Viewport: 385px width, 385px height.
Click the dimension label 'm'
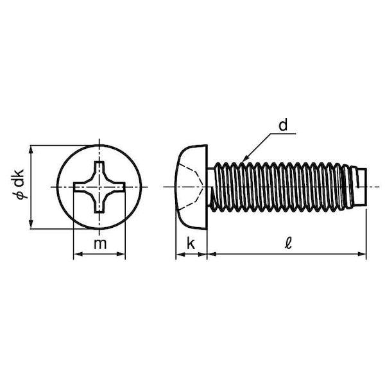[x=100, y=244]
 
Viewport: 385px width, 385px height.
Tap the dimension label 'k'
[x=191, y=243]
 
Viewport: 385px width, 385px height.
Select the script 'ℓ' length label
[x=288, y=243]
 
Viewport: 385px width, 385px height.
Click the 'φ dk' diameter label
[x=19, y=184]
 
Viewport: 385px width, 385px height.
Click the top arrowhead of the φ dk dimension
[x=31, y=150]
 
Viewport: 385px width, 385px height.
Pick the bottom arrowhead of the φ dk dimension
[x=31, y=224]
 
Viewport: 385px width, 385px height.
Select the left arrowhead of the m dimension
[x=78, y=254]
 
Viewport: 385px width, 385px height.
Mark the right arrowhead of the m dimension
[x=121, y=254]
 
